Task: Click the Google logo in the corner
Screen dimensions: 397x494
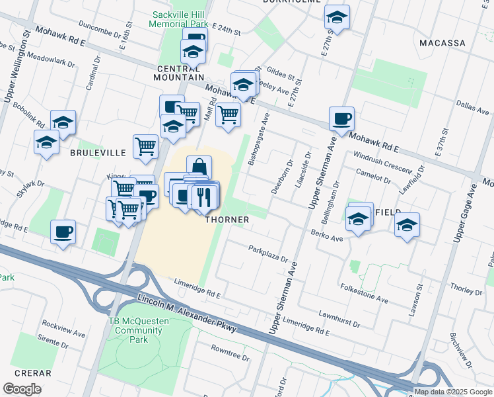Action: (x=22, y=389)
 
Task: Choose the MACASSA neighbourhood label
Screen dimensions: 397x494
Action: (x=442, y=43)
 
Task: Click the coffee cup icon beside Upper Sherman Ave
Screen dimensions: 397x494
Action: (x=341, y=119)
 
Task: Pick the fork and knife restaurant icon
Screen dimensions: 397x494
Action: (x=204, y=196)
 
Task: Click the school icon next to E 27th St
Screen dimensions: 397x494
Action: (x=337, y=17)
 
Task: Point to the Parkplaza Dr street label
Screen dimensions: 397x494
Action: (x=268, y=253)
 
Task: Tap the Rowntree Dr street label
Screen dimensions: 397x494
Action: (x=230, y=353)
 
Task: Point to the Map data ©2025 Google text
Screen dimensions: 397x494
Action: (x=453, y=392)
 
